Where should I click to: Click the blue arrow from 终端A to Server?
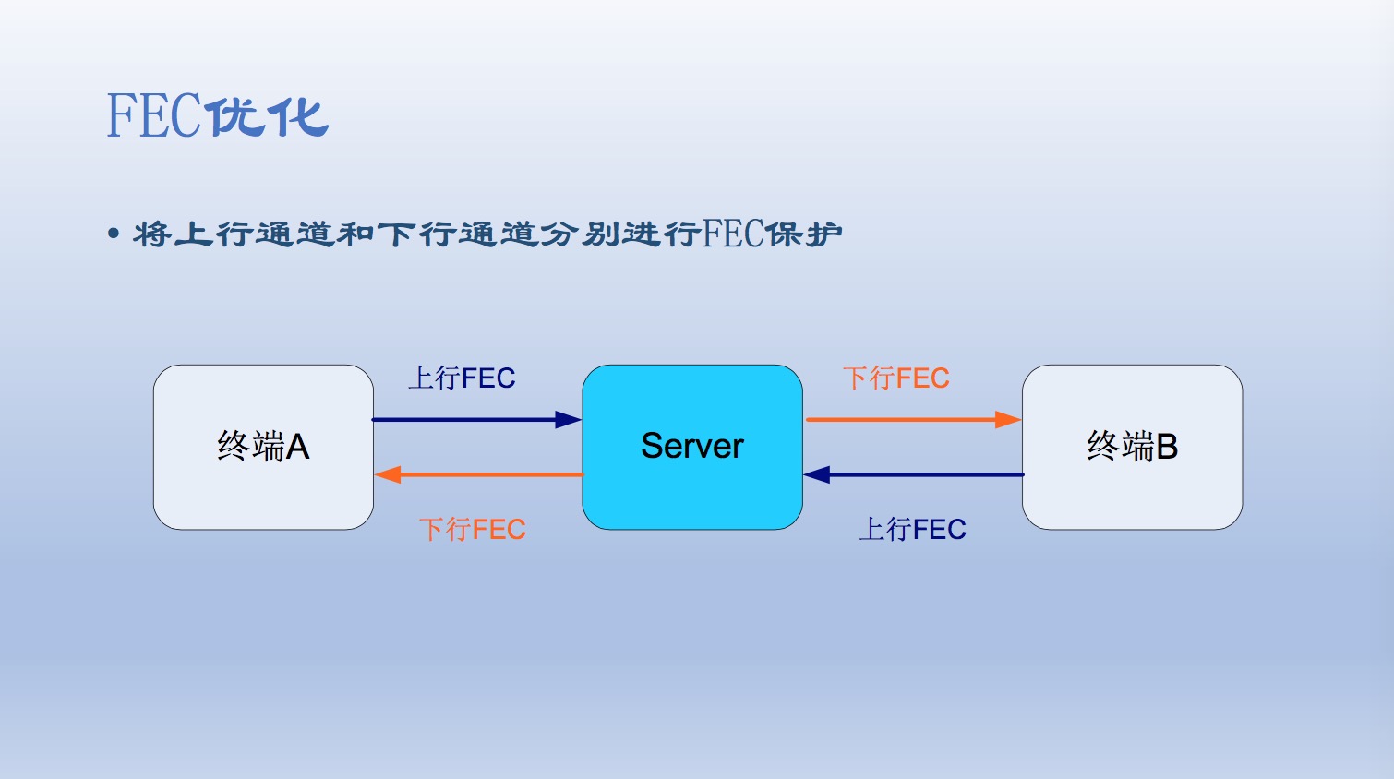[x=471, y=420]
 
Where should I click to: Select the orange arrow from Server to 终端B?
[x=909, y=420]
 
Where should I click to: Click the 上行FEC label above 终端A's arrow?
[x=462, y=378]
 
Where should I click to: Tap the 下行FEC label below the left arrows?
[x=472, y=530]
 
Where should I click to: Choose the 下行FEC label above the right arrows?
[x=895, y=378]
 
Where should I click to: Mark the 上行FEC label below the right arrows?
[x=912, y=530]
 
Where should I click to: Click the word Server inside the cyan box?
[x=692, y=446]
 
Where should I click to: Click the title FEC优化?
[x=217, y=116]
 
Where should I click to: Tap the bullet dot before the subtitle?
[x=114, y=234]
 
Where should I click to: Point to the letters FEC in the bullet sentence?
[x=733, y=234]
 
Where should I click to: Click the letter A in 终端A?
[x=297, y=447]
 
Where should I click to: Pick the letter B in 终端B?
[x=1167, y=447]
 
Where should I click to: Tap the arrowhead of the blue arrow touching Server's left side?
[x=569, y=420]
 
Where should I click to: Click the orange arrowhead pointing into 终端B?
[x=1008, y=420]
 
